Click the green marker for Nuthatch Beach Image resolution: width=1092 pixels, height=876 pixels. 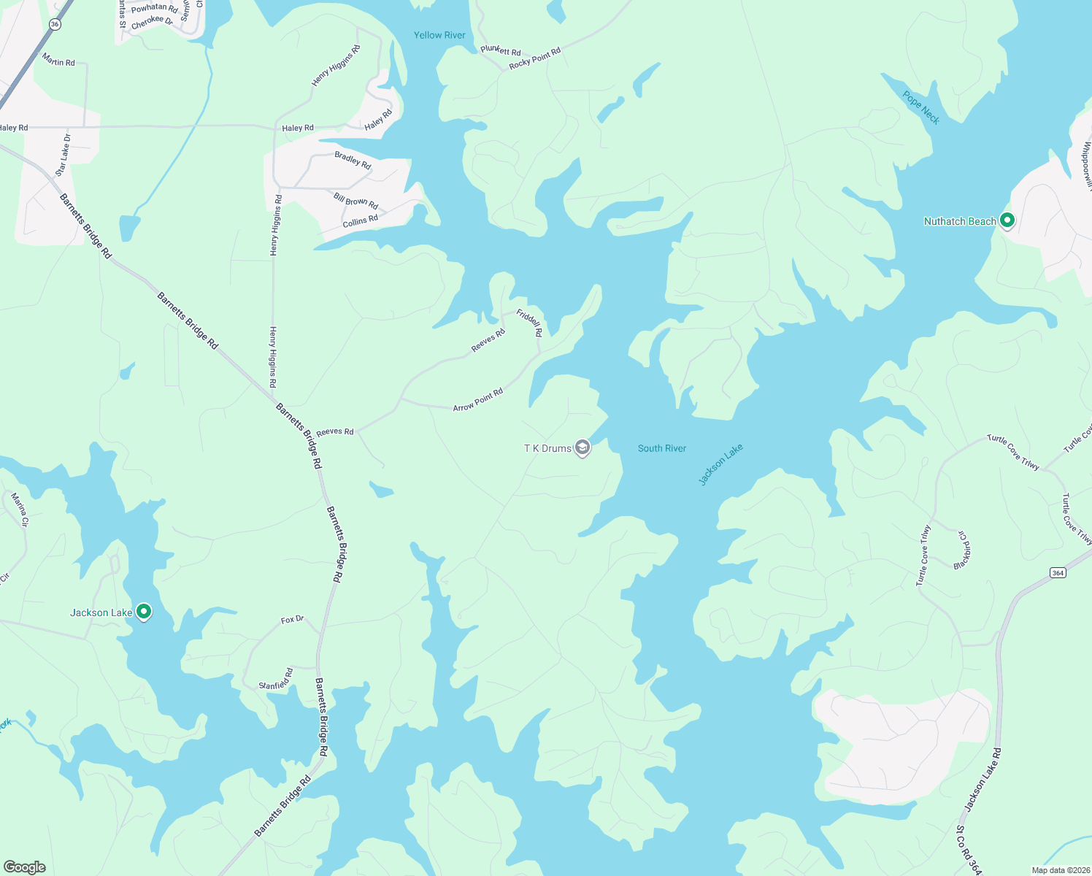[1007, 220]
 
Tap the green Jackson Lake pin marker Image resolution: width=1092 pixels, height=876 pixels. [144, 612]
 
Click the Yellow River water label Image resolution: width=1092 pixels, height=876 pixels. [439, 35]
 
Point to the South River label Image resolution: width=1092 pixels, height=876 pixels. [661, 448]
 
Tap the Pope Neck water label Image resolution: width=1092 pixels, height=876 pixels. [920, 107]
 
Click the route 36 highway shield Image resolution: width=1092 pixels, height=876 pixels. [55, 24]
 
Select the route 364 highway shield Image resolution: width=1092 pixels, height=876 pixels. [1058, 572]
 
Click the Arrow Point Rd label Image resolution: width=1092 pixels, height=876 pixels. [478, 400]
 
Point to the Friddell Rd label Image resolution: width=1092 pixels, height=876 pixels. [530, 323]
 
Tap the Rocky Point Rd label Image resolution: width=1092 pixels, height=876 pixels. [535, 58]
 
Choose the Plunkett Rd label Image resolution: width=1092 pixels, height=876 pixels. [501, 50]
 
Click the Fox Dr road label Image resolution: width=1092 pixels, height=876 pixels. [292, 620]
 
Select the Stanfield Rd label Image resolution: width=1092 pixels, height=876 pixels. [276, 680]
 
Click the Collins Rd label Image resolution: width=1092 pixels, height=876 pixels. [361, 220]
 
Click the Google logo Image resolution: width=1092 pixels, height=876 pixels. [25, 867]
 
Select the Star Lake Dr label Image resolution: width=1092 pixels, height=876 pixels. [64, 155]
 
